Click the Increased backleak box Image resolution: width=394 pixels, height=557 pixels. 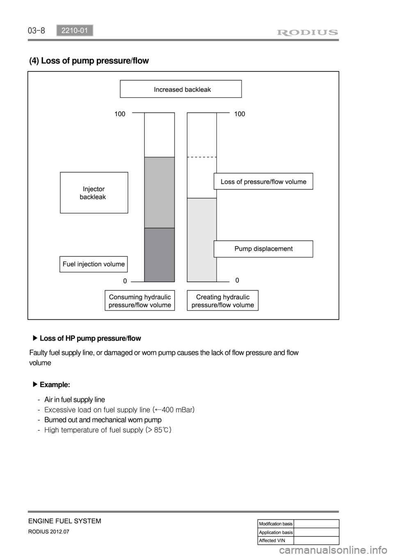click(181, 89)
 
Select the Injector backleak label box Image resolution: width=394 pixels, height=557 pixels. click(94, 193)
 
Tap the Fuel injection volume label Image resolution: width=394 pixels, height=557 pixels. click(94, 264)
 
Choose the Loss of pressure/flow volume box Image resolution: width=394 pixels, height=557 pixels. click(263, 181)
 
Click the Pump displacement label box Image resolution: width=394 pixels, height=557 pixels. click(263, 249)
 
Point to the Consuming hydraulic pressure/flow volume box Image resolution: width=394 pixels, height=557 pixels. click(140, 301)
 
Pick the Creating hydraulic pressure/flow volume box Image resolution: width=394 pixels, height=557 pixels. click(222, 301)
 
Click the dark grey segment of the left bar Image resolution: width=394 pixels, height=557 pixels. click(159, 255)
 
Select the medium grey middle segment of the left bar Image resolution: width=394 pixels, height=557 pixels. click(159, 192)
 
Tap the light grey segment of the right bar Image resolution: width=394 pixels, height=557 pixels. click(202, 240)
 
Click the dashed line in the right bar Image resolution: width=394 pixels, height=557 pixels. click(202, 157)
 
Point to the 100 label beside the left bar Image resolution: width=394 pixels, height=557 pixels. click(120, 114)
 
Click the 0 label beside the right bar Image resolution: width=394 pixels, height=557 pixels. click(237, 281)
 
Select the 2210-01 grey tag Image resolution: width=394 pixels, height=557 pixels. click(75, 30)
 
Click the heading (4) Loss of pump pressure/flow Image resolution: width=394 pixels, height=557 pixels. click(89, 61)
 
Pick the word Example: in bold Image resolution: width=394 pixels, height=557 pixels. click(55, 385)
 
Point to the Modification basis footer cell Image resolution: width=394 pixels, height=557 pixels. click(275, 524)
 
